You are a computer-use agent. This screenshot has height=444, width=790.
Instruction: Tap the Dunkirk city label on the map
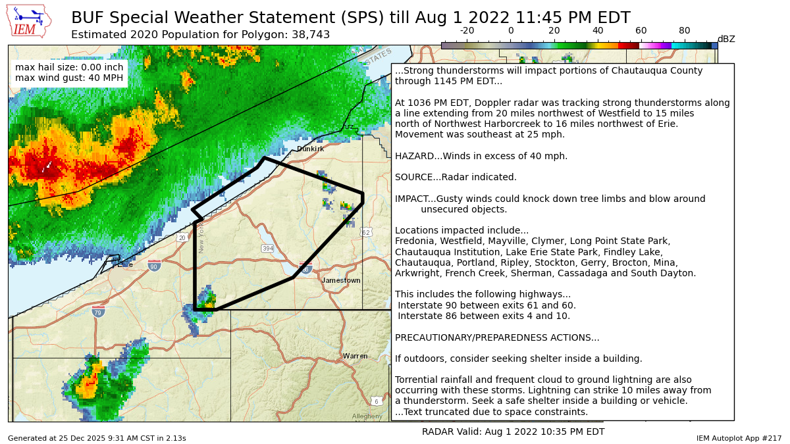pos(310,149)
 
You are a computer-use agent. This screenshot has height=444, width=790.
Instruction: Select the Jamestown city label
pos(341,280)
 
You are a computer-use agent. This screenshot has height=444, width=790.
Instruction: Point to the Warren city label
pos(355,356)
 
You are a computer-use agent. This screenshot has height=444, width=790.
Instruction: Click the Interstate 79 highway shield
pos(98,311)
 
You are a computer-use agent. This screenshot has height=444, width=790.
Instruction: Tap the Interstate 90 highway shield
pos(154,266)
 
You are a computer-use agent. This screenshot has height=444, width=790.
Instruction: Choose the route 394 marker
pos(267,248)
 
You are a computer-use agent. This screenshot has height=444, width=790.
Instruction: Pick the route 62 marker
pos(366,232)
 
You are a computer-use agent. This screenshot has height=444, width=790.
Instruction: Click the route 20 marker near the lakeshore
pos(182,237)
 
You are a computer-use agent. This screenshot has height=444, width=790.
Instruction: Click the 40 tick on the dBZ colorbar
pos(598,31)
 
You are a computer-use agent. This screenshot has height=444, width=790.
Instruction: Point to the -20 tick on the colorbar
pos(467,31)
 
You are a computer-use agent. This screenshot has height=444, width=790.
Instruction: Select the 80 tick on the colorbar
pos(685,31)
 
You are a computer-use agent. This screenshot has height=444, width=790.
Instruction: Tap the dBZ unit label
pos(725,39)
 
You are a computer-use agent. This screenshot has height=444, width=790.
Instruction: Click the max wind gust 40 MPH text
pos(69,78)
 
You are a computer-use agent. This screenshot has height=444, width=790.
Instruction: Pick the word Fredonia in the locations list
pos(415,241)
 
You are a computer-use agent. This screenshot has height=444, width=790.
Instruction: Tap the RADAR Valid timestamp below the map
pos(513,432)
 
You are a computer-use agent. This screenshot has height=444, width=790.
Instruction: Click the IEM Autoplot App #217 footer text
pos(739,438)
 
